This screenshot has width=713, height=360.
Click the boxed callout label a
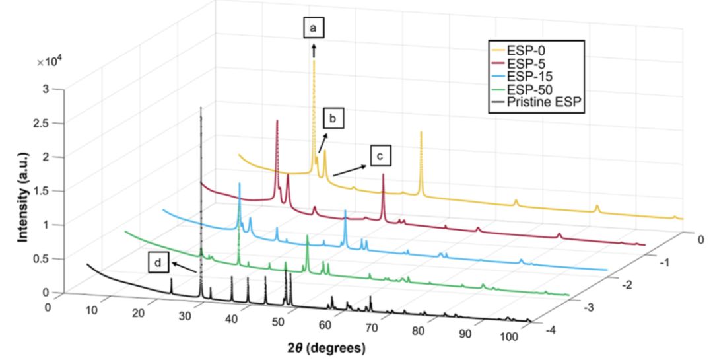point(314,28)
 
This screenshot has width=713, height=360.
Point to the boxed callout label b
point(333,119)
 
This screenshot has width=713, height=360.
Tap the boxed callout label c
point(380,156)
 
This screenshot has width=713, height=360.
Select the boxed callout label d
point(158,262)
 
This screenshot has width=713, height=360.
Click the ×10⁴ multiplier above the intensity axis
point(50,62)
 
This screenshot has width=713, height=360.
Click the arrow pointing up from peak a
point(314,50)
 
